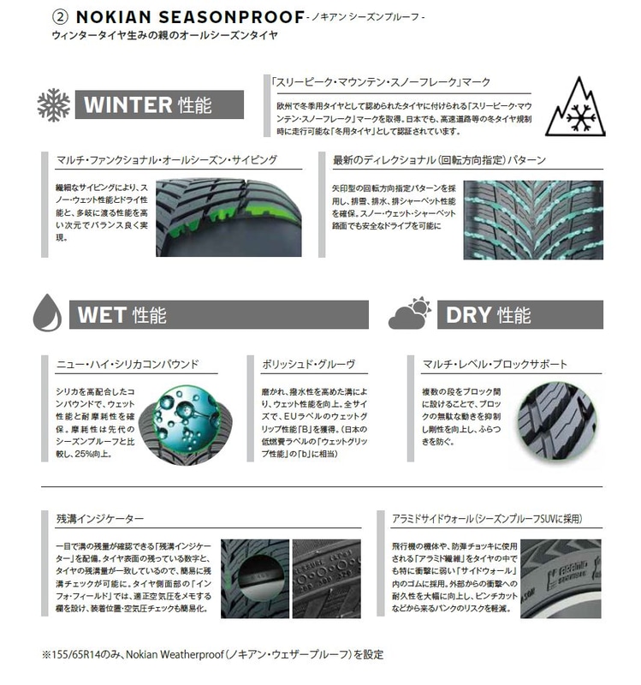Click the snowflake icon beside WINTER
click(53, 104)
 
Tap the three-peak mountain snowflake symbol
click(575, 107)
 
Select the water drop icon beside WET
click(47, 313)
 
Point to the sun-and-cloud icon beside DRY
click(410, 313)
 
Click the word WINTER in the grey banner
click(128, 104)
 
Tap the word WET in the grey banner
click(102, 314)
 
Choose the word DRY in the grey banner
click(468, 314)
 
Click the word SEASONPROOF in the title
click(231, 17)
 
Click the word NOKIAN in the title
click(114, 17)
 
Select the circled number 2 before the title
click(60, 17)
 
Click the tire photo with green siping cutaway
click(229, 217)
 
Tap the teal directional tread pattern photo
click(533, 220)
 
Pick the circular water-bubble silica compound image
click(186, 424)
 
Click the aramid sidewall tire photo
click(561, 579)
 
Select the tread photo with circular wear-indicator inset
click(255, 579)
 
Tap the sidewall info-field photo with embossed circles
click(327, 579)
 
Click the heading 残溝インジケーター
click(100, 519)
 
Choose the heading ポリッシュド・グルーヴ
click(309, 364)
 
